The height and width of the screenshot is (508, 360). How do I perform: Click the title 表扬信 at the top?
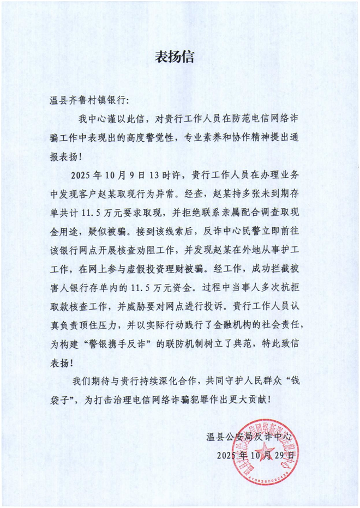point(179,57)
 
